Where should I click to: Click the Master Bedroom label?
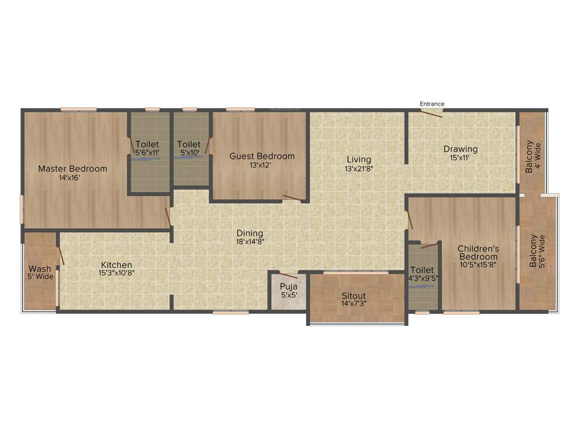pos(73,169)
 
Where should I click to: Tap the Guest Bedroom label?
pos(262,156)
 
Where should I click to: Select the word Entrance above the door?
pos(432,104)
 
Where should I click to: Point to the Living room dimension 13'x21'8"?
pos(359,169)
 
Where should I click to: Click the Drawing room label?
pos(460,149)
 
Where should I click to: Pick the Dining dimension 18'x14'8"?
pos(250,241)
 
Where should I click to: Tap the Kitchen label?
pos(116,265)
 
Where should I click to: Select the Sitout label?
pos(353,296)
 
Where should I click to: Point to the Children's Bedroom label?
pos(478,253)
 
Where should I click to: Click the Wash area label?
pos(40,269)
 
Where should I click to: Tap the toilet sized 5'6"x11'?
pos(147,149)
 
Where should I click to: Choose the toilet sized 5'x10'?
pos(188,149)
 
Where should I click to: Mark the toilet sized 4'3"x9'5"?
pos(422,274)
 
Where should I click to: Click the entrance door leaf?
pos(431,114)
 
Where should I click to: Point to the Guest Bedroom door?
pos(293,198)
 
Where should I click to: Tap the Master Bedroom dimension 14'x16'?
pos(72,177)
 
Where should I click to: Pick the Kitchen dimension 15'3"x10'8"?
pos(116,272)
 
